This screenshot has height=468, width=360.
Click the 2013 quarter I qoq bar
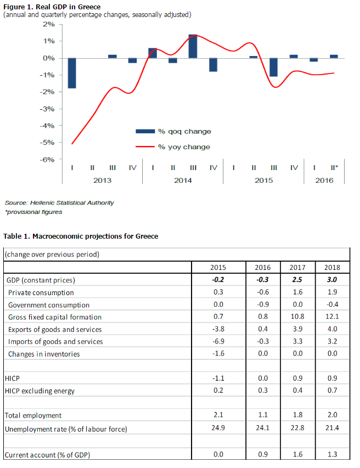(72, 73)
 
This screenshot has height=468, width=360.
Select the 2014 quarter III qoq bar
(193, 46)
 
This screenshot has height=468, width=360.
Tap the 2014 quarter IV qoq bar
(213, 65)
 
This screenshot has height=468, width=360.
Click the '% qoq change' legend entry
(173, 131)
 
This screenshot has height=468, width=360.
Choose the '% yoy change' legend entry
(173, 147)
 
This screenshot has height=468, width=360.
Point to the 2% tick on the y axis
(48, 24)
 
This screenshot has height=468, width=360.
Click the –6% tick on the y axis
(47, 160)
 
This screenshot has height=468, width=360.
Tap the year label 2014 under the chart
(183, 181)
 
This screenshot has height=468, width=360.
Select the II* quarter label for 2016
(334, 167)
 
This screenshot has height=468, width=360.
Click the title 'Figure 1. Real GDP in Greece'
(52, 7)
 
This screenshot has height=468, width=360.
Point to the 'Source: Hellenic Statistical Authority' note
(59, 202)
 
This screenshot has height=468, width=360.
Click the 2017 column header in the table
(297, 267)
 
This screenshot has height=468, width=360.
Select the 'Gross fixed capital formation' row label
(55, 317)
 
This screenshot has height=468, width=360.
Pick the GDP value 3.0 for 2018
(332, 280)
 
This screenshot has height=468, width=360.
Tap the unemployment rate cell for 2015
(219, 429)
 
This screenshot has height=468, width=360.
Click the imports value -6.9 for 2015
(219, 341)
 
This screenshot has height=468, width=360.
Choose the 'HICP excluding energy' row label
(40, 391)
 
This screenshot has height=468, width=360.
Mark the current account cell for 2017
(297, 455)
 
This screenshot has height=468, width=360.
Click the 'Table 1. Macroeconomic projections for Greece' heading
(81, 236)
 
